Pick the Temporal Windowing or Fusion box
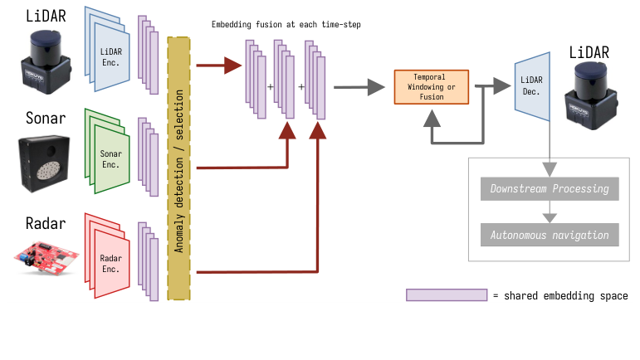point(431,86)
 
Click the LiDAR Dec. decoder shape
point(532,86)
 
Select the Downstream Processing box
point(550,188)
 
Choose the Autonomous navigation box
point(550,235)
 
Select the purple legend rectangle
point(446,295)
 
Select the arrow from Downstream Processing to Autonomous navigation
point(549,212)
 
